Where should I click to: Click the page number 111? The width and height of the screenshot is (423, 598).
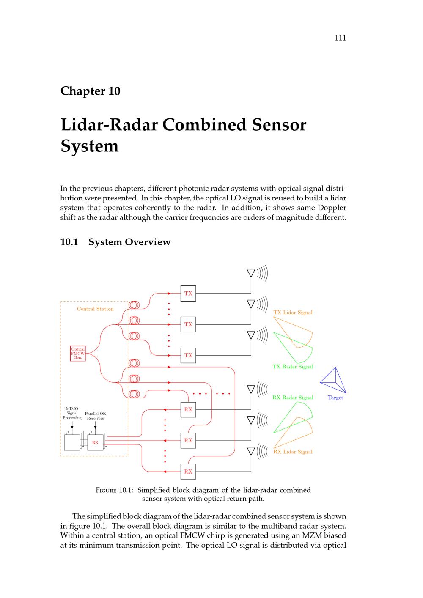[340, 38]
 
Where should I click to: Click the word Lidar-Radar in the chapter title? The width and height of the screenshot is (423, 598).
[109, 125]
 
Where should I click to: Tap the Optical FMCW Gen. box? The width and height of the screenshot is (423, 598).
[78, 353]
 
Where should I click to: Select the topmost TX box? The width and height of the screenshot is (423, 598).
[188, 294]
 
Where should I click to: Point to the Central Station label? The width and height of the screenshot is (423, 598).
[95, 309]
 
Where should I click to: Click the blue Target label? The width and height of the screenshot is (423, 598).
[335, 398]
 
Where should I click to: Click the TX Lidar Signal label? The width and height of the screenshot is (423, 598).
[293, 313]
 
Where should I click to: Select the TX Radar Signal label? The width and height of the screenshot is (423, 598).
[293, 367]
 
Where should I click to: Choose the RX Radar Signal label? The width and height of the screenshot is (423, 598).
[293, 398]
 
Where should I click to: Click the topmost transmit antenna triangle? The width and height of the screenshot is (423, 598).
[251, 273]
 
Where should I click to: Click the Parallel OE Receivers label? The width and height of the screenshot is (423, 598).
[95, 416]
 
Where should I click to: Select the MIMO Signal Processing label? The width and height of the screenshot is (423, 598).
[72, 413]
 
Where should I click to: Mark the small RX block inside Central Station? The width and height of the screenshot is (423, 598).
[95, 442]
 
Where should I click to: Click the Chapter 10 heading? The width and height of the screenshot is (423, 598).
[91, 91]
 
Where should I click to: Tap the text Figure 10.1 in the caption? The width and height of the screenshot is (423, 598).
[114, 491]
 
